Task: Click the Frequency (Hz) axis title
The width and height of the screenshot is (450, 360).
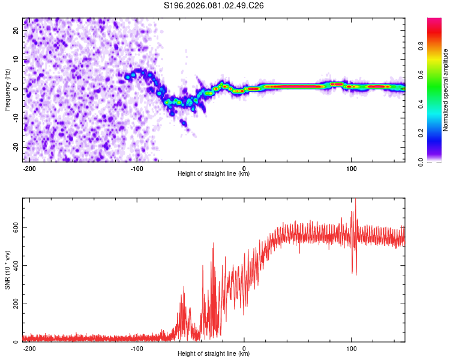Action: [7, 89]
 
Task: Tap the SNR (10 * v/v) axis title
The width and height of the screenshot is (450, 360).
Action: [7, 270]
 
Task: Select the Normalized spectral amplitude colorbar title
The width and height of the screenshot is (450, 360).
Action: [445, 89]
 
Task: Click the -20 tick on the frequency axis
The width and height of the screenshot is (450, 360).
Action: [15, 148]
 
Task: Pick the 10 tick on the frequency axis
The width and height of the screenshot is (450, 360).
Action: [16, 60]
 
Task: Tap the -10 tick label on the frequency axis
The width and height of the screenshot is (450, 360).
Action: [15, 118]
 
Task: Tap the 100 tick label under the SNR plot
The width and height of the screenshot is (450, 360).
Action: [351, 347]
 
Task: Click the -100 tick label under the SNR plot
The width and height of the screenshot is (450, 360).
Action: [136, 347]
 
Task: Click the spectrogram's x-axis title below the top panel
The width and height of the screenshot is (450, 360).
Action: [214, 173]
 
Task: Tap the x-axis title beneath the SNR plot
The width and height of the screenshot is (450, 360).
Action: [214, 354]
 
